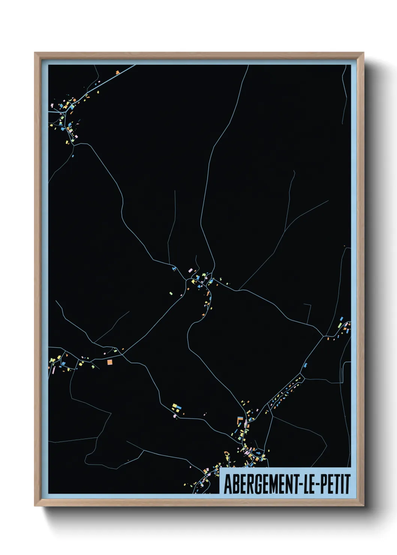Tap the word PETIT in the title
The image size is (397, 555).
click(x=335, y=484)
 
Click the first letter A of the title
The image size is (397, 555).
click(x=227, y=484)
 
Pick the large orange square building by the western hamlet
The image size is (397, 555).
click(x=110, y=362)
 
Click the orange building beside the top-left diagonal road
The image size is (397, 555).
click(x=117, y=72)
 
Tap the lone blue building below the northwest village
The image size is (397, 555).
click(x=73, y=155)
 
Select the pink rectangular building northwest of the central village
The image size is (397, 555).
click(x=190, y=270)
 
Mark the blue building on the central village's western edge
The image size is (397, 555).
click(x=174, y=268)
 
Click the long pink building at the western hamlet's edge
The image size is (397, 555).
click(x=53, y=370)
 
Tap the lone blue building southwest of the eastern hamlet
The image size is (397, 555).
click(x=305, y=364)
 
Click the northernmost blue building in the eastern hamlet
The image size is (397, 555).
click(x=341, y=319)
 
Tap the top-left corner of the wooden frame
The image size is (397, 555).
click(x=35, y=53)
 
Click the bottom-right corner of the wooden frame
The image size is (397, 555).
click(x=363, y=506)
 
